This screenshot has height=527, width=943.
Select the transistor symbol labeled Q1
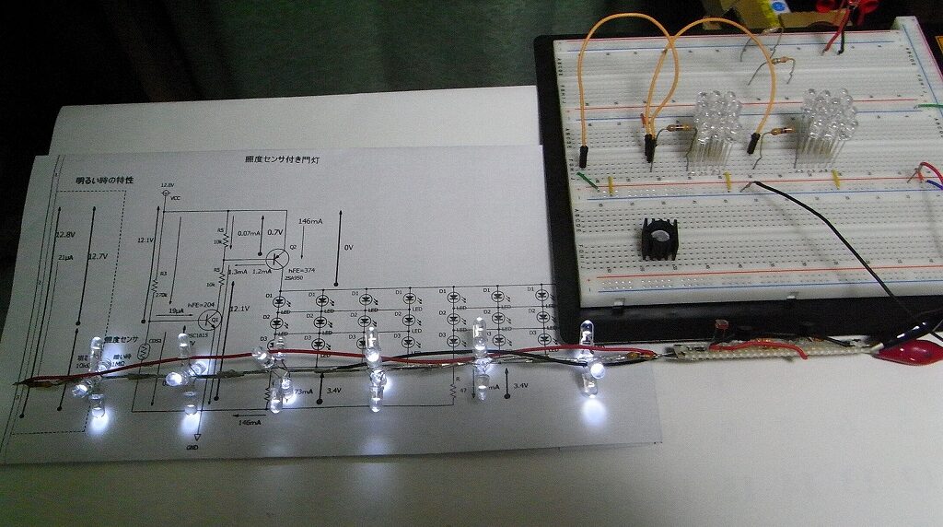(x=209, y=319)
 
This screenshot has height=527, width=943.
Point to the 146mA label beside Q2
(x=310, y=222)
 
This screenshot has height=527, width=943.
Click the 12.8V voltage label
(x=64, y=234)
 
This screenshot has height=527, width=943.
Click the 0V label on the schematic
(x=348, y=247)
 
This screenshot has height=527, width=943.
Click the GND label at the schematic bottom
(x=192, y=447)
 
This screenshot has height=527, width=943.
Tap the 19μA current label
(x=175, y=311)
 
